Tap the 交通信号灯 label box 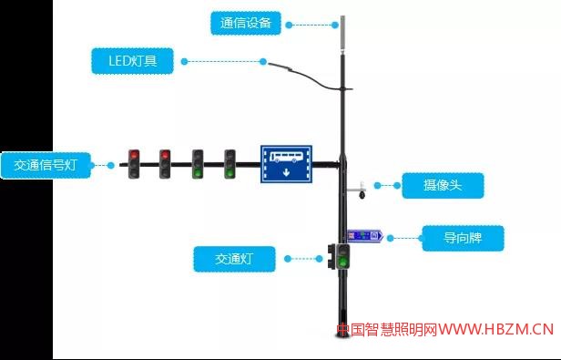pyautogui.click(x=45, y=166)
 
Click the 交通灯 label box pyautogui.click(x=234, y=259)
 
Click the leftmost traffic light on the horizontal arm pyautogui.click(x=134, y=163)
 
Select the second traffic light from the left pyautogui.click(x=166, y=163)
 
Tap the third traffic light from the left pyautogui.click(x=198, y=163)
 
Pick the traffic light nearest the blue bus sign pyautogui.click(x=229, y=163)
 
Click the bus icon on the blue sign pyautogui.click(x=286, y=155)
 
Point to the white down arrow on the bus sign pyautogui.click(x=286, y=170)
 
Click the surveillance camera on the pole pyautogui.click(x=362, y=191)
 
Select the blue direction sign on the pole pyautogui.click(x=366, y=236)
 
